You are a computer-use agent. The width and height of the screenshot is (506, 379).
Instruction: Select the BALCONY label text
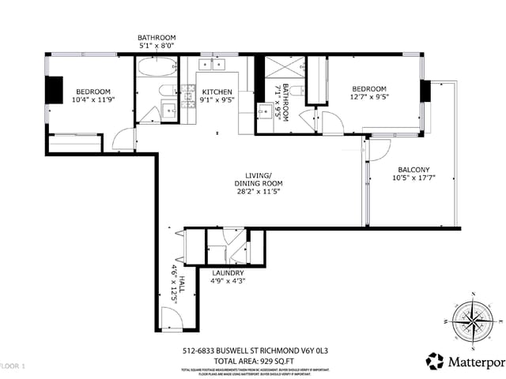[x=413, y=170]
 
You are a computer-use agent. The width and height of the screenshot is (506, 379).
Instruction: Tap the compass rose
[x=473, y=321]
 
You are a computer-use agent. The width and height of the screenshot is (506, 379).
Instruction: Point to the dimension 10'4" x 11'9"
[x=93, y=100]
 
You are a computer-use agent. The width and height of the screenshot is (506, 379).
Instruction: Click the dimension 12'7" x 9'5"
[x=368, y=98]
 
